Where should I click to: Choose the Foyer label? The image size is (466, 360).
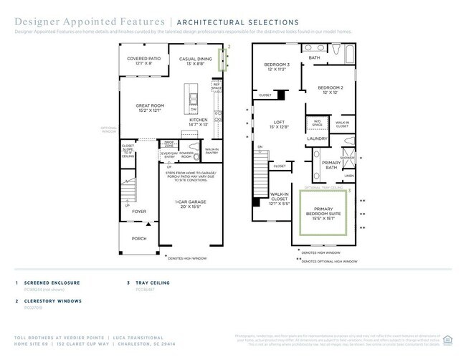pos(138,212)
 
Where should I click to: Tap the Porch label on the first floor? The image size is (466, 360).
pos(138,238)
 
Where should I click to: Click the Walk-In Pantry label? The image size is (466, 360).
pos(211,151)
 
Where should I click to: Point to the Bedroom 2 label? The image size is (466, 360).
pos(332,90)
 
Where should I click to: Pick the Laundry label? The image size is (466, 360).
pos(317,138)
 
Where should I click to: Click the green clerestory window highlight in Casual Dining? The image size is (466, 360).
pos(224,60)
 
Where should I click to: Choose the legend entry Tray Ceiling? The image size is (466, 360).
pos(153,283)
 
